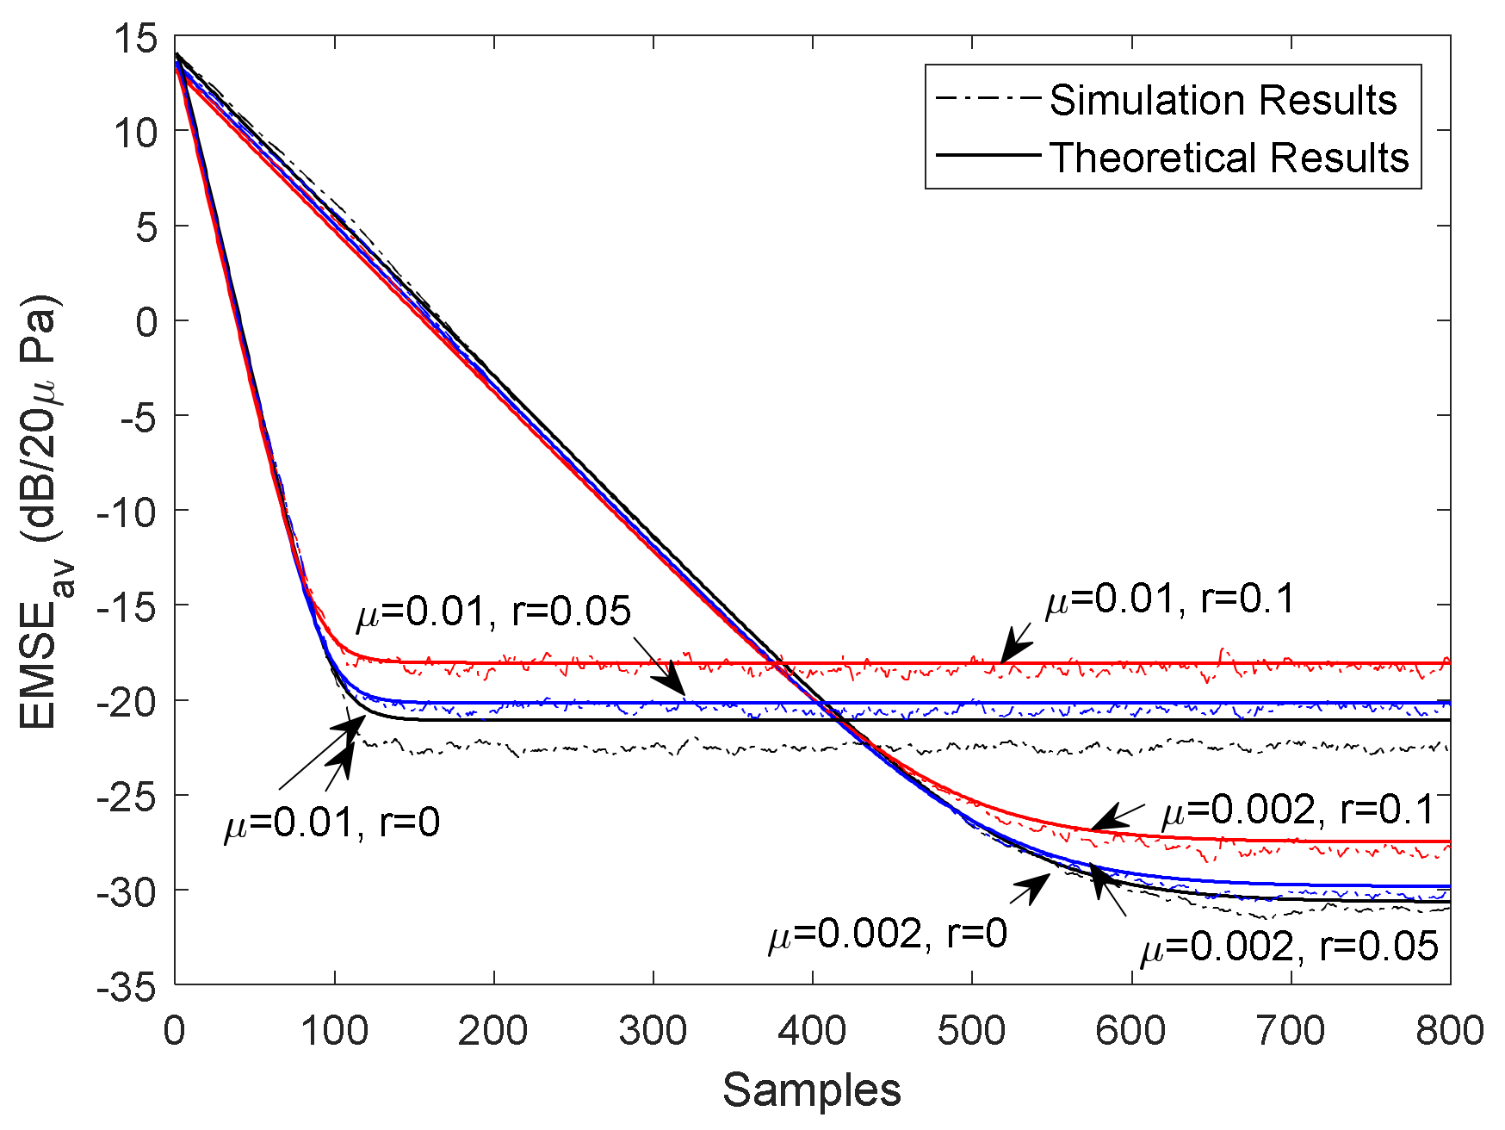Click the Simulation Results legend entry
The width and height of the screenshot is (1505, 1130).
pos(1222,101)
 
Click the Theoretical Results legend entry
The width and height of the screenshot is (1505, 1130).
pos(1229,158)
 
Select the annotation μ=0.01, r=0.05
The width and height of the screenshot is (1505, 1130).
pos(493,612)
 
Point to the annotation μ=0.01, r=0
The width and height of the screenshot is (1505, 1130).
pos(332,823)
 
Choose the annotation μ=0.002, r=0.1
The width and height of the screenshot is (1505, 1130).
pos(1298,810)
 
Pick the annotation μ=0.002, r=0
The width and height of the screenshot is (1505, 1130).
pos(888,934)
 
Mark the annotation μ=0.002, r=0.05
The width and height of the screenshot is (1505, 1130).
pos(1289,947)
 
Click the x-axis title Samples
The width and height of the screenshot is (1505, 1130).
pos(811,1090)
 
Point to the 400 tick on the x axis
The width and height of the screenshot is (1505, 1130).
pos(812,1030)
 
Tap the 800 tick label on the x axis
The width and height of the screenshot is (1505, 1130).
pos(1450,1030)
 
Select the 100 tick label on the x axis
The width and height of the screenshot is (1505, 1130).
pos(334,1030)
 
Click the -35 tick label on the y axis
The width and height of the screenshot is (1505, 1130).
pos(127,986)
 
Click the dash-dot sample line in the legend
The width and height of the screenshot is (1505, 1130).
pos(988,98)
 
